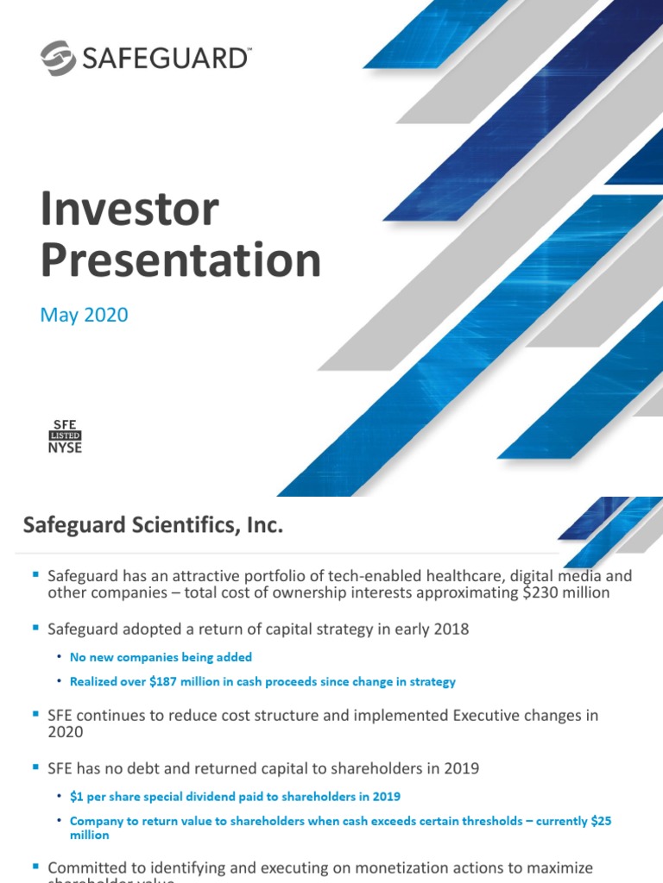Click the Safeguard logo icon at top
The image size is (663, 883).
click(59, 58)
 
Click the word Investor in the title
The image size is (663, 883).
click(129, 210)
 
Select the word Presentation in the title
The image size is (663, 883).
click(180, 260)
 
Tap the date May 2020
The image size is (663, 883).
click(84, 315)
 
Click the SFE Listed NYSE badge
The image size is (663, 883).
click(65, 436)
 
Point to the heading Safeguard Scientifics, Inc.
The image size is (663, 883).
click(153, 524)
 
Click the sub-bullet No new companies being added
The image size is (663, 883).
click(161, 657)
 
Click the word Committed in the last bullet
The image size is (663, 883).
click(85, 867)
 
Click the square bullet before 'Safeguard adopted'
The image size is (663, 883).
click(35, 629)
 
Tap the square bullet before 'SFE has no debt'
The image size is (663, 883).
click(35, 766)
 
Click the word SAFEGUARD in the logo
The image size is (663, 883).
click(164, 59)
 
